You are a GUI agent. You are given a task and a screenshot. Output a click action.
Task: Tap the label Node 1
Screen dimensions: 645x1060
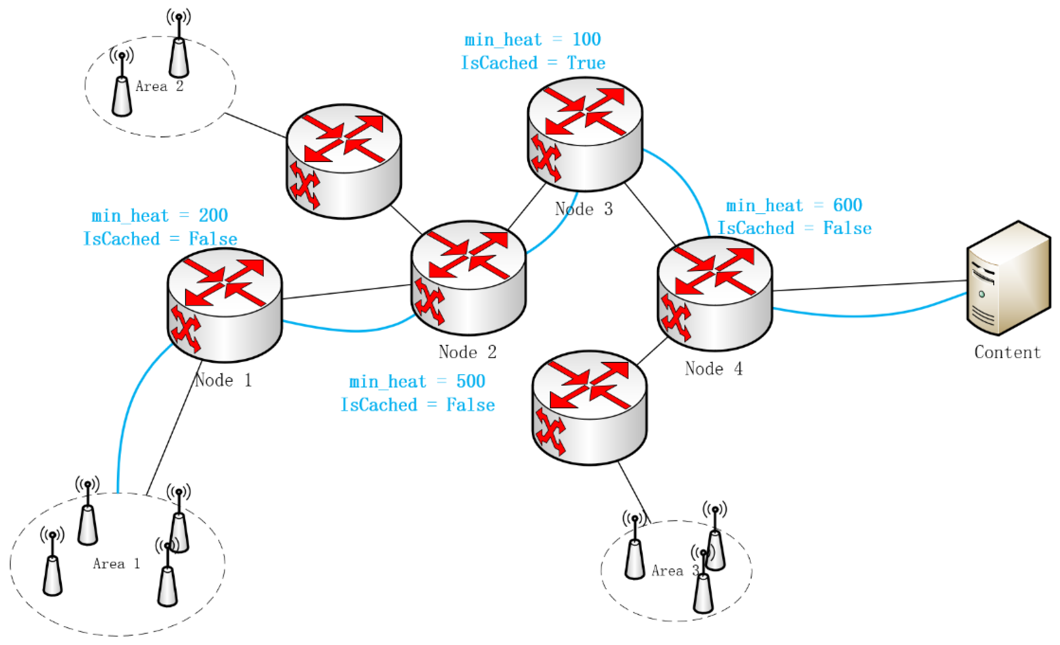(x=223, y=380)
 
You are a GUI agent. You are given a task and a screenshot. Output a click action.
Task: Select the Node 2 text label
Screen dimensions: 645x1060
(x=468, y=352)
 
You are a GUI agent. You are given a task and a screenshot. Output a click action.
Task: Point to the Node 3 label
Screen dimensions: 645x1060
(x=584, y=209)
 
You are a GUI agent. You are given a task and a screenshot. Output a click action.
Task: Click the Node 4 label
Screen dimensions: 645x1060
(x=714, y=369)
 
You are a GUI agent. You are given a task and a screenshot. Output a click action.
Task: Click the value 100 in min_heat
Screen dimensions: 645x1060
(x=586, y=40)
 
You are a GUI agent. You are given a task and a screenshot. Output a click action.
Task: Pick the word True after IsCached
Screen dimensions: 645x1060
(x=586, y=63)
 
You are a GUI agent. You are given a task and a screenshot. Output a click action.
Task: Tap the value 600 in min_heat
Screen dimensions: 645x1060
(x=848, y=205)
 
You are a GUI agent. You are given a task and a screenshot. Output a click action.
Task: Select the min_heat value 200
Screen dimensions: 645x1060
(x=213, y=216)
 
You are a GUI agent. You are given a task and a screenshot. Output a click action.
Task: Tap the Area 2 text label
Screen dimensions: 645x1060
(x=160, y=87)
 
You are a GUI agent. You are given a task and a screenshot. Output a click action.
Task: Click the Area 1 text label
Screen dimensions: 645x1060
(x=117, y=564)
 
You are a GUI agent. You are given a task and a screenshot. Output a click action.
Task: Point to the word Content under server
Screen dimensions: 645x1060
(x=1007, y=352)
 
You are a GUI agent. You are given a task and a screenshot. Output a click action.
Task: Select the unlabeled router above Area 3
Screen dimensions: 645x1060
(x=589, y=408)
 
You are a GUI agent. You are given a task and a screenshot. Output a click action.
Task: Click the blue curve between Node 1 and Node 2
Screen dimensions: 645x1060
(x=353, y=331)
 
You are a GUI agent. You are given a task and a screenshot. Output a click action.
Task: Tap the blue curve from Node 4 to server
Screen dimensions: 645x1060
(x=860, y=316)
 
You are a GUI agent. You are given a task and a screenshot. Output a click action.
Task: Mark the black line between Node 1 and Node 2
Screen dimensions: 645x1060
(x=346, y=291)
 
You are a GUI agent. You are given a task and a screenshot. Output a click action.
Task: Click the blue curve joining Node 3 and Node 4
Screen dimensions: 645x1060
(x=688, y=180)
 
